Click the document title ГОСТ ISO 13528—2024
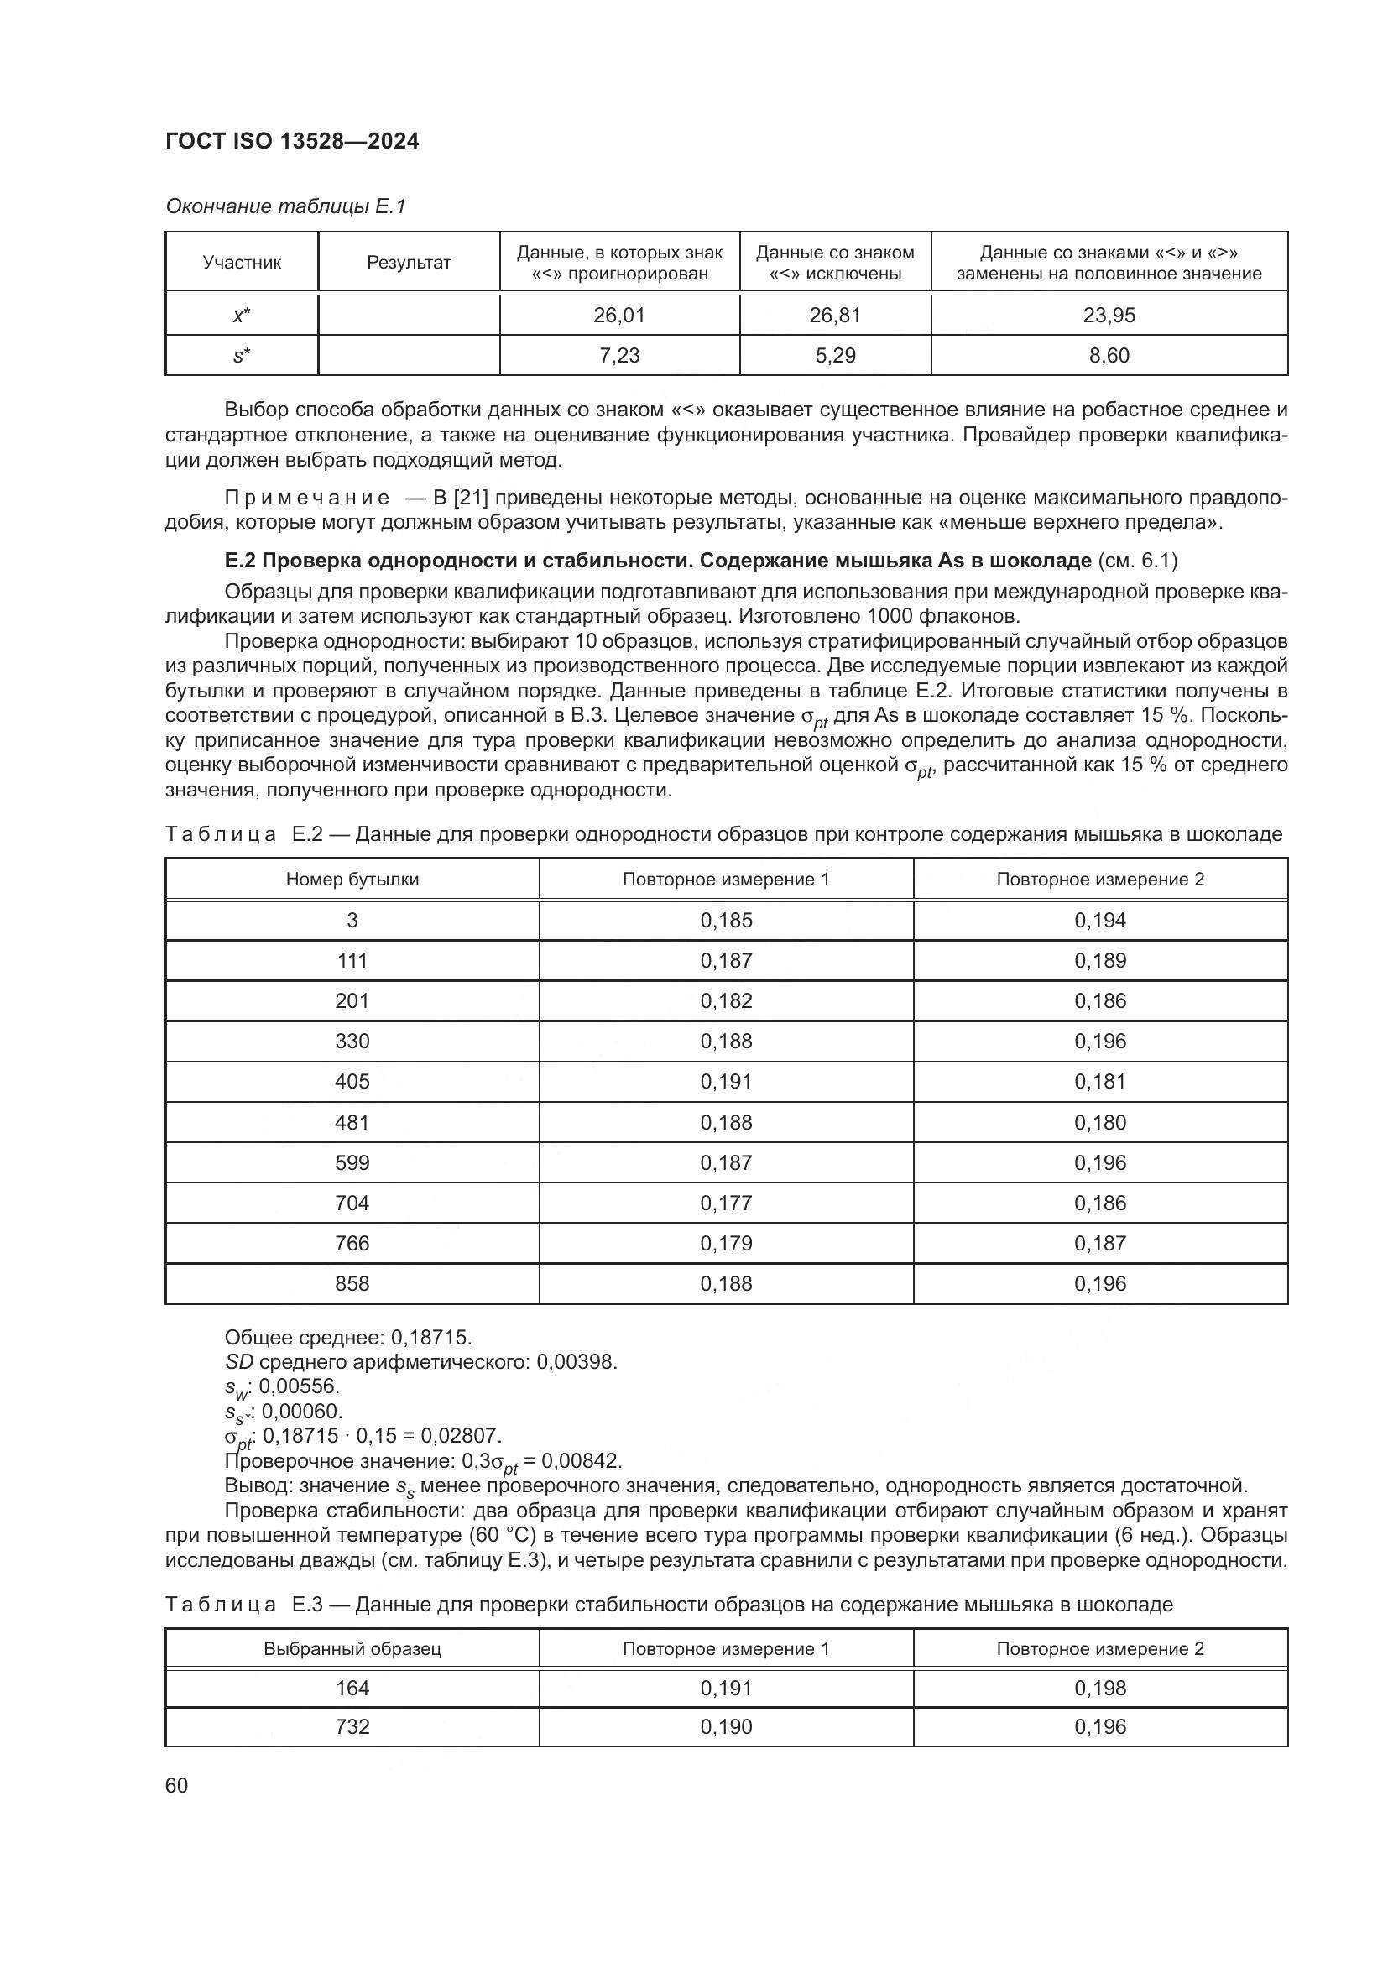(291, 142)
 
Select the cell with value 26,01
(618, 316)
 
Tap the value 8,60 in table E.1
(1109, 356)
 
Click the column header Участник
(242, 263)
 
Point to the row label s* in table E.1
(242, 356)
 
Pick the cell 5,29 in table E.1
(835, 356)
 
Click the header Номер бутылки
(352, 879)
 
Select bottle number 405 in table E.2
(352, 1082)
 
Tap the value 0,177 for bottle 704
(726, 1203)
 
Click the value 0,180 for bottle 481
(1100, 1123)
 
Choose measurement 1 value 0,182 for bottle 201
(726, 1000)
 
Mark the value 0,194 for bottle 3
(1100, 920)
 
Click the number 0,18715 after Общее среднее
(430, 1337)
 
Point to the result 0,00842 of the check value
(582, 1460)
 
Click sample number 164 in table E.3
(352, 1688)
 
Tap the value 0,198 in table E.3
(1100, 1688)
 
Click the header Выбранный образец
(352, 1648)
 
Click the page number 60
(176, 1785)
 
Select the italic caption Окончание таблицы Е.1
(285, 206)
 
